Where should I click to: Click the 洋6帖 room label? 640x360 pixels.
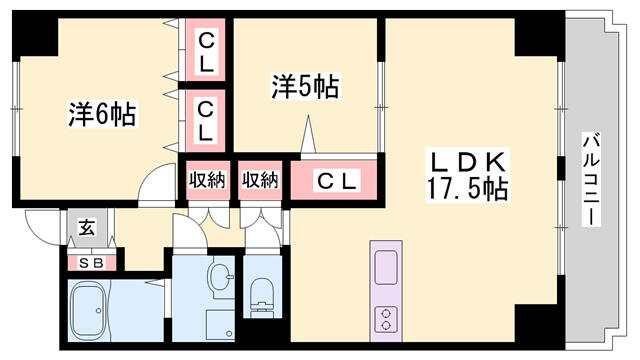point(102,112)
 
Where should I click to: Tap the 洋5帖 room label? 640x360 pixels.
point(304,88)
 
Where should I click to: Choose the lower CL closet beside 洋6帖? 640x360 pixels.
point(205,119)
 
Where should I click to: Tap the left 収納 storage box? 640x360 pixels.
point(208,180)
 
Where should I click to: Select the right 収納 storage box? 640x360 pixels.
point(260,180)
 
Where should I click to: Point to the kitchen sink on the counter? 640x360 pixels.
point(386,269)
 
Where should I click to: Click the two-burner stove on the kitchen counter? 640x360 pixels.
point(386,319)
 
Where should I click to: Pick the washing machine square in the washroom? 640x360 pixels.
point(219,325)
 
